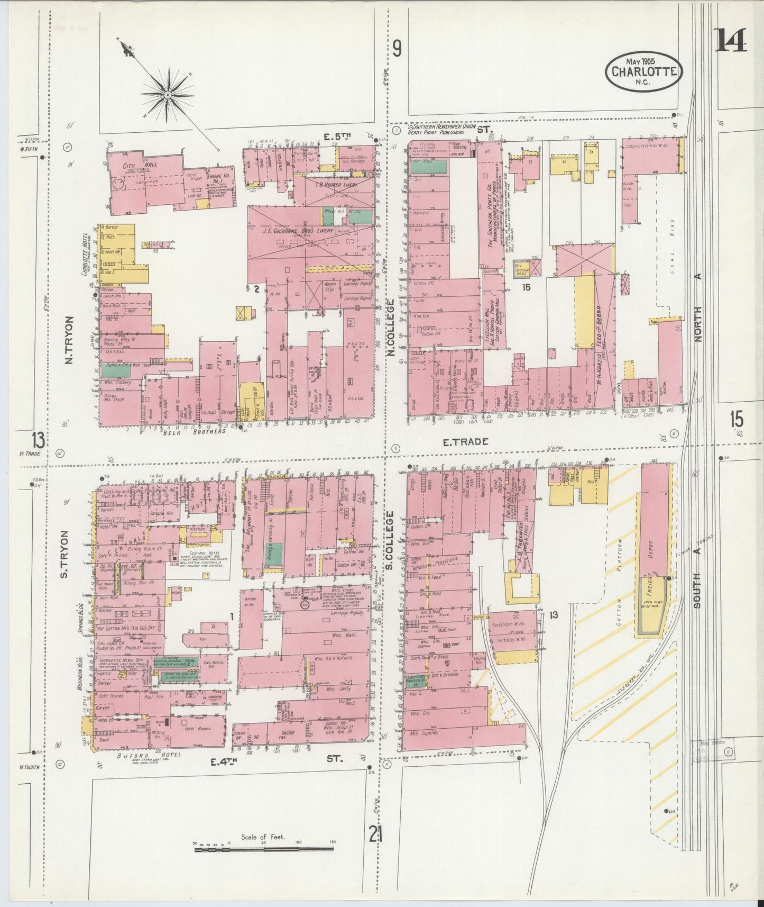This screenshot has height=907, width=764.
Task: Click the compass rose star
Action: point(167,94)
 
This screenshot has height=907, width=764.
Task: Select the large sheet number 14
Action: point(731,40)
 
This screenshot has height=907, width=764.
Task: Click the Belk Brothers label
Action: point(201,431)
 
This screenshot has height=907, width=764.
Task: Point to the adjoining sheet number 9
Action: point(397,49)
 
